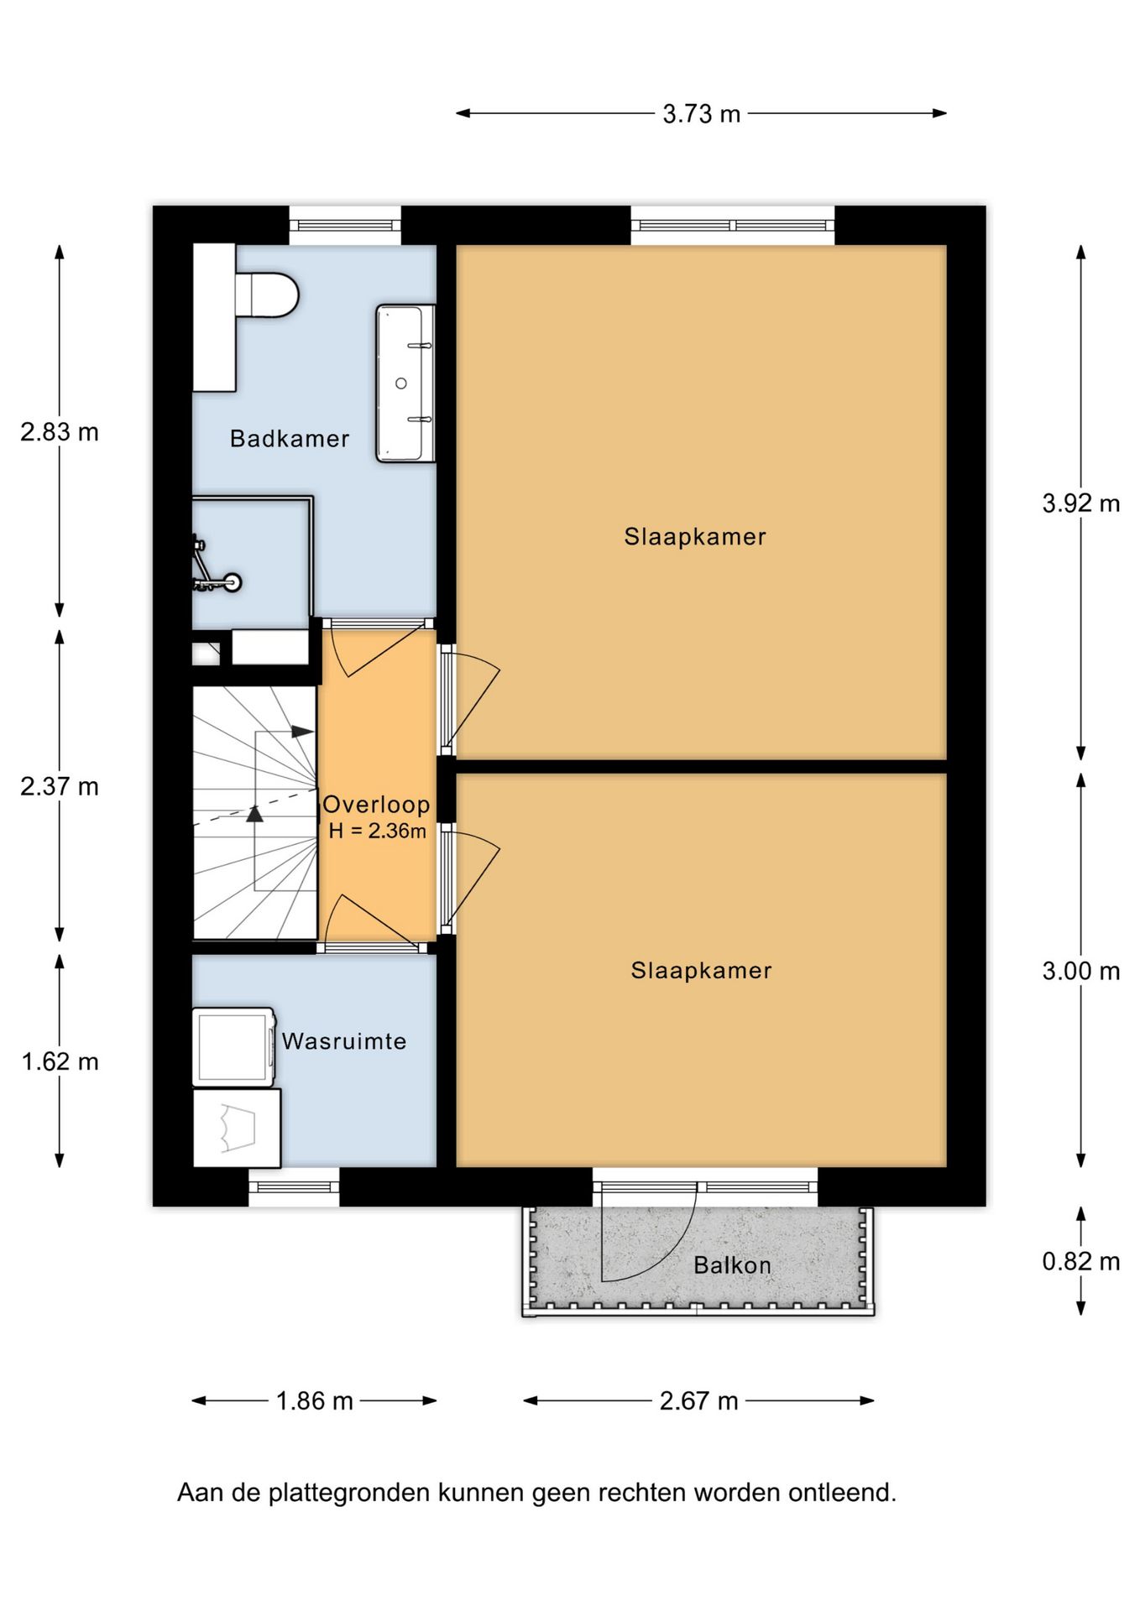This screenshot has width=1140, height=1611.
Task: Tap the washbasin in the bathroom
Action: (405, 383)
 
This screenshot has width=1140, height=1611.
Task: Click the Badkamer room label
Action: (290, 439)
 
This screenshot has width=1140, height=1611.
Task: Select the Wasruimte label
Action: (344, 1041)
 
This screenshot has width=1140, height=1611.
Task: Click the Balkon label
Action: (732, 1265)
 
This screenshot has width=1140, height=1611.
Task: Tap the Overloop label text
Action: (376, 805)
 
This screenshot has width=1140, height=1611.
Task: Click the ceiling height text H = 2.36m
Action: (377, 832)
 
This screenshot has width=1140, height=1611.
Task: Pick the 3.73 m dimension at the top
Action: (702, 113)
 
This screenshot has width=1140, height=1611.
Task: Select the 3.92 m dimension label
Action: (1081, 503)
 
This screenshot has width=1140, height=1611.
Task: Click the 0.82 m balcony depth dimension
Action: (1081, 1261)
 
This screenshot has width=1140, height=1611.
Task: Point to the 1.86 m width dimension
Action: (315, 1400)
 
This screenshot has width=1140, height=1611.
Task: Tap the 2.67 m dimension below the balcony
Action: (698, 1400)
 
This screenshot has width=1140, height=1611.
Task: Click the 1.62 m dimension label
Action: (60, 1061)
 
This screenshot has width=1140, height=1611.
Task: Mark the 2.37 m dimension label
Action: (60, 786)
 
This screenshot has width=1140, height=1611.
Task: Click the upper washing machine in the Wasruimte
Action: (234, 1047)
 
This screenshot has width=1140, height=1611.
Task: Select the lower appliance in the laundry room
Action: (237, 1128)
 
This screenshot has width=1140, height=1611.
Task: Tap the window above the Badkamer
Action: (345, 225)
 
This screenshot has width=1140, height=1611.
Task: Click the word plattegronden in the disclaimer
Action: (350, 1493)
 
